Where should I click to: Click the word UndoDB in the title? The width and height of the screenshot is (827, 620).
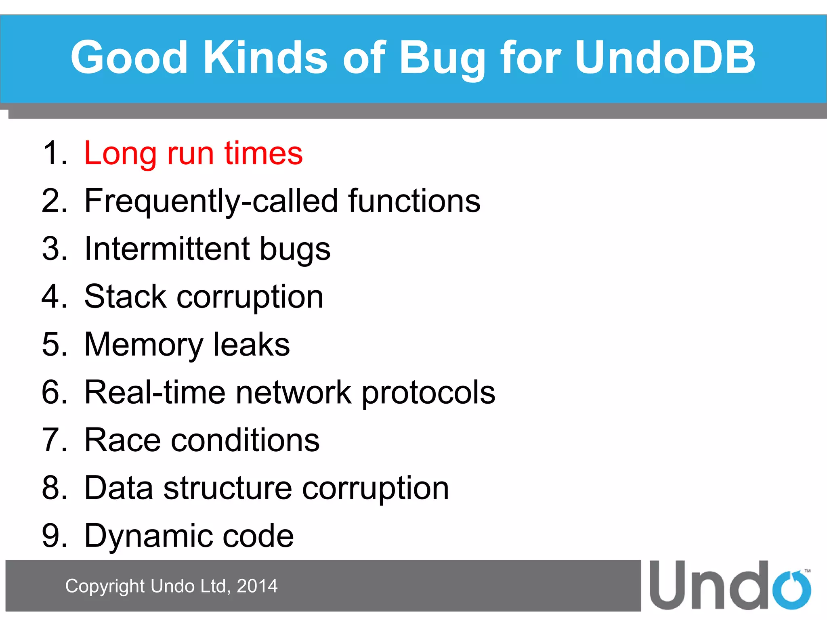pyautogui.click(x=664, y=58)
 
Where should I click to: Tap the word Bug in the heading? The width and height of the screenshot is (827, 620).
pyautogui.click(x=443, y=58)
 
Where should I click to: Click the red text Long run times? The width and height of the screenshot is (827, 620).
pyautogui.click(x=193, y=153)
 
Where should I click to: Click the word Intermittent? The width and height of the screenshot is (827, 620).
pyautogui.click(x=167, y=249)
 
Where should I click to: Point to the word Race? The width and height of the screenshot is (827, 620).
pyautogui.click(x=122, y=440)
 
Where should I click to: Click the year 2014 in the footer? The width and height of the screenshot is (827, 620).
pyautogui.click(x=257, y=586)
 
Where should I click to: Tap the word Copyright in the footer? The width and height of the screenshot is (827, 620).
pyautogui.click(x=105, y=586)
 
